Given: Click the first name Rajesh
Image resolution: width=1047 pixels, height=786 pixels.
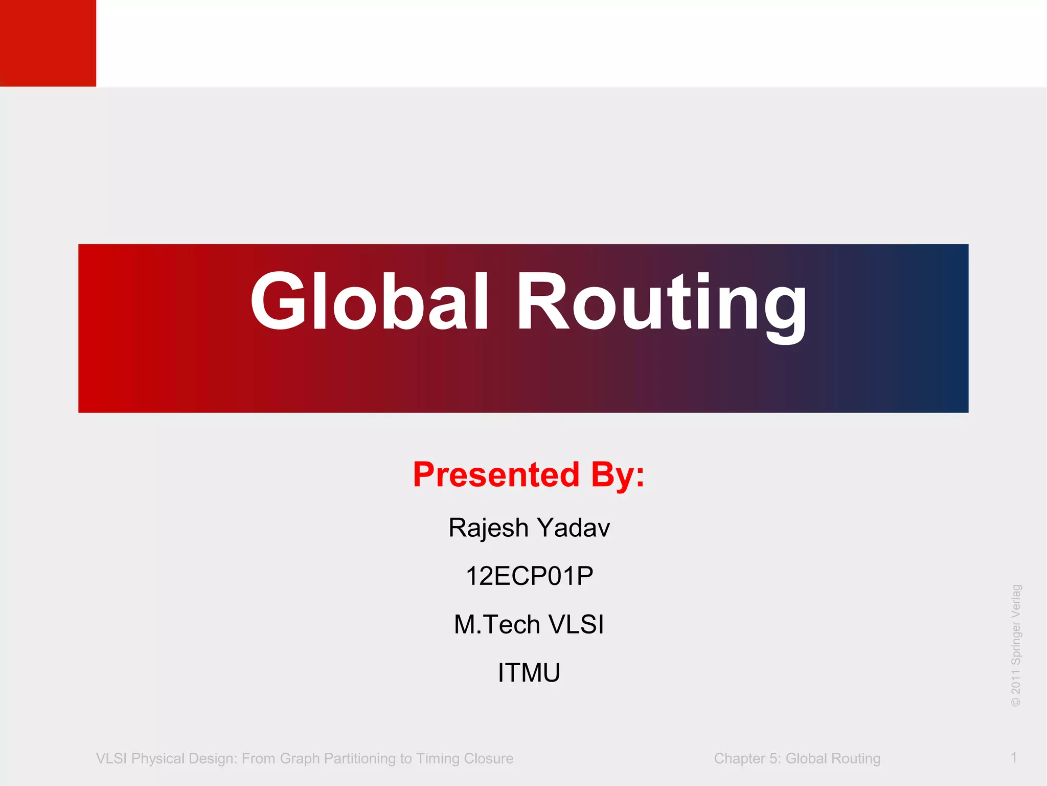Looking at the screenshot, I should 488,528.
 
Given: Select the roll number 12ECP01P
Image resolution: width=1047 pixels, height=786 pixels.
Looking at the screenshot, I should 529,576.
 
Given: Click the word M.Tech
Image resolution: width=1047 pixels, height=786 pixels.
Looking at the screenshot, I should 497,624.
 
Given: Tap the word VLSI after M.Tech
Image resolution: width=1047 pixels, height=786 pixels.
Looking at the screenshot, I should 576,624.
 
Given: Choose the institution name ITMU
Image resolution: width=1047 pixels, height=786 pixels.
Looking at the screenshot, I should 529,672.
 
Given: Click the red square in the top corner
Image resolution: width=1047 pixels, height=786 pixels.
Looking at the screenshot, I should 48,43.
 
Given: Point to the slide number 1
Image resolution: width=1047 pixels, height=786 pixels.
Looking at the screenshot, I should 1013,757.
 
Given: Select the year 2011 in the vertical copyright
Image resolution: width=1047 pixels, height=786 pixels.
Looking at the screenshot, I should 1016,681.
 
